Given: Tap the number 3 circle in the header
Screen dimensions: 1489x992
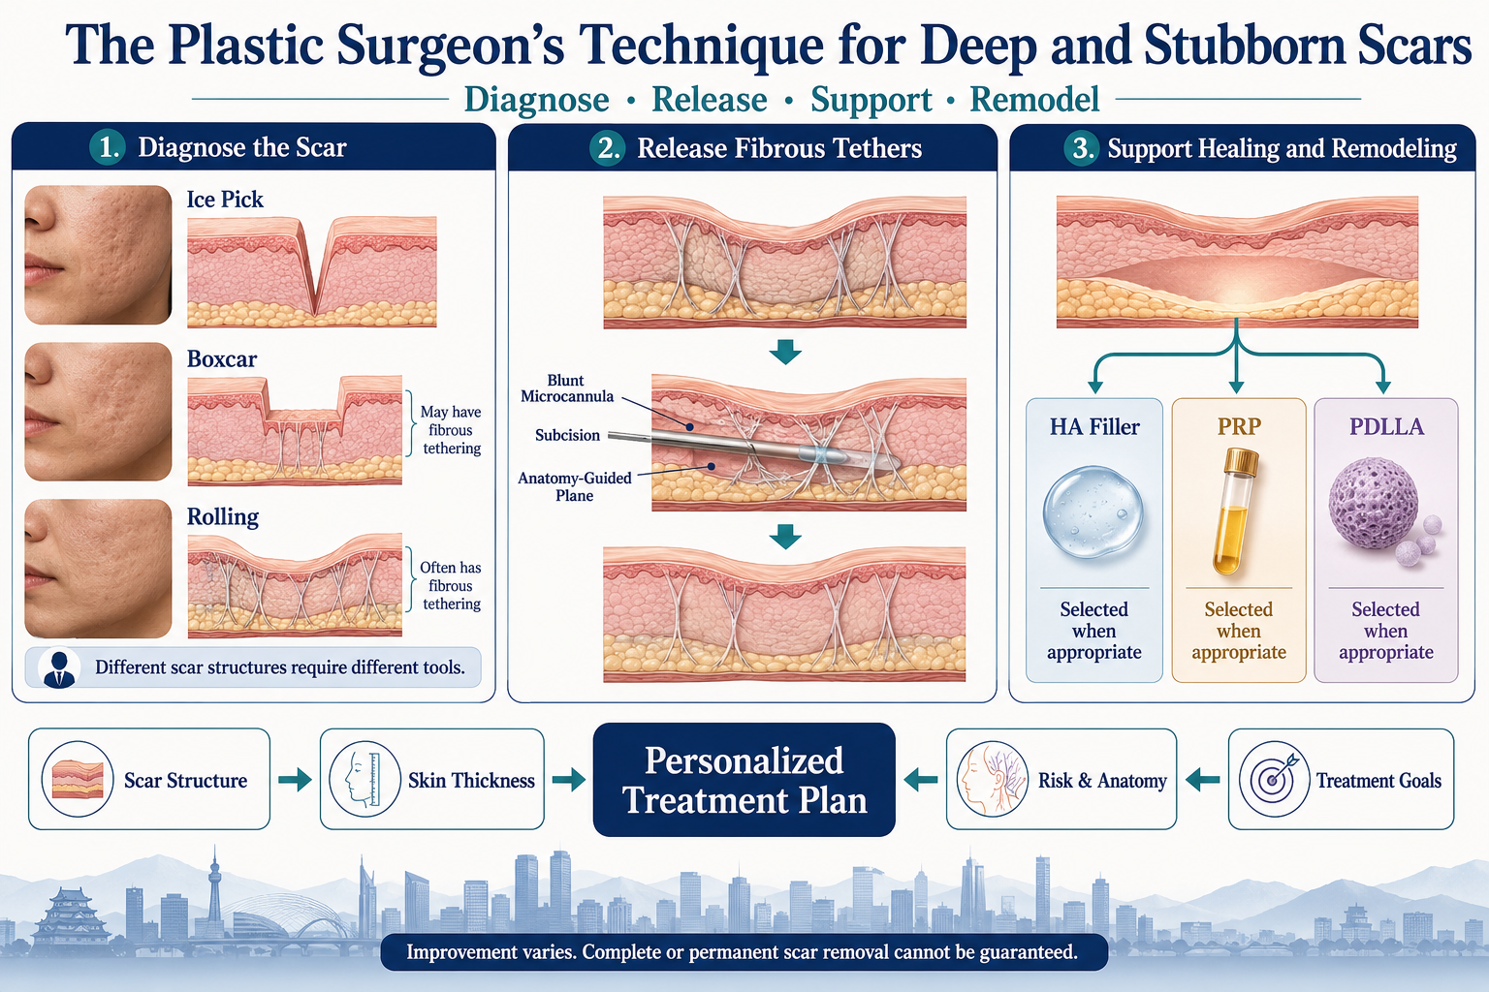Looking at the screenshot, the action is click(x=1082, y=147).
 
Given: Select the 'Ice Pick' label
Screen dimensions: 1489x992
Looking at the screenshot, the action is click(x=225, y=200).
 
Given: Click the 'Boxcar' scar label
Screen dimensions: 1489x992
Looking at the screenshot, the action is click(x=221, y=358).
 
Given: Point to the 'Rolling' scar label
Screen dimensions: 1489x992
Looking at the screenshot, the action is click(x=223, y=517).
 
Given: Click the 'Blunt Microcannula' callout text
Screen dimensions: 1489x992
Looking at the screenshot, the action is click(x=567, y=388).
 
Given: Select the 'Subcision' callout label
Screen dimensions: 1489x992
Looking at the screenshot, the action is click(x=568, y=435).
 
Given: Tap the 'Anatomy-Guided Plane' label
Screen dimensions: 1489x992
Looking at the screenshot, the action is click(x=575, y=486).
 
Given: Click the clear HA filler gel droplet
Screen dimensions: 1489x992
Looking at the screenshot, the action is click(x=1093, y=511).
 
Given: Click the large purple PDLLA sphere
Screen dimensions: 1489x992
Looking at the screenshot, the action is click(x=1374, y=503).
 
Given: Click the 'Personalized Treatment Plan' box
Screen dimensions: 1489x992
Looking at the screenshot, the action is click(x=744, y=780).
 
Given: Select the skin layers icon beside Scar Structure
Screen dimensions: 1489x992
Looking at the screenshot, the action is click(x=78, y=780).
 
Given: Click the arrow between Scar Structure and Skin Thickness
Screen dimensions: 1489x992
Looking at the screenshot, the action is click(x=295, y=780).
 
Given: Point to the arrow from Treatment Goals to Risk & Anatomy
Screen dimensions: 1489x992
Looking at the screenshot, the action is click(x=1202, y=780).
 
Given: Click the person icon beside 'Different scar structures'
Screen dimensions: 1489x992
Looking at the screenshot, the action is click(x=59, y=667).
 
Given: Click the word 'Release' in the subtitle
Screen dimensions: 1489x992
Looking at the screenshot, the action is click(x=710, y=100).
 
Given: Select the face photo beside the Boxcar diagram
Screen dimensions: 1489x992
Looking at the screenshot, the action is click(x=98, y=412).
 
